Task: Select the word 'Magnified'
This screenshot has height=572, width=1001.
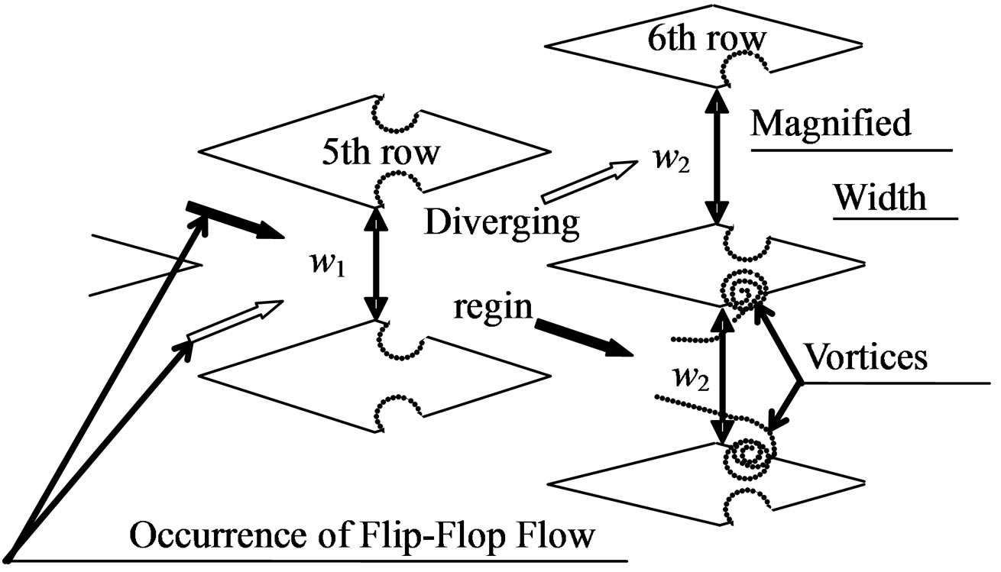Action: (x=831, y=122)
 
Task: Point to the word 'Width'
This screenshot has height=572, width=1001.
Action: (x=880, y=198)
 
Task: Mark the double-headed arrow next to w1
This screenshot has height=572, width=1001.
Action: (x=375, y=263)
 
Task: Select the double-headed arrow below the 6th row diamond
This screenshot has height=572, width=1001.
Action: (x=716, y=156)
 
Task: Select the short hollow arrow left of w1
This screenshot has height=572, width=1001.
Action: (x=233, y=320)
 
